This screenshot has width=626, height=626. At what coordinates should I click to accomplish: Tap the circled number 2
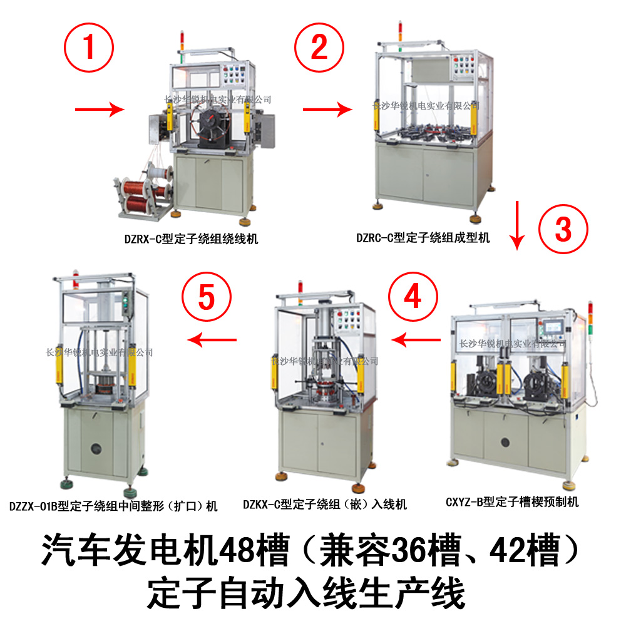[x=319, y=48]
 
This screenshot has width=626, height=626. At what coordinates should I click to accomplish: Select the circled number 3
[x=563, y=229]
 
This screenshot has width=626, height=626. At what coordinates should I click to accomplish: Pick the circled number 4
[x=413, y=297]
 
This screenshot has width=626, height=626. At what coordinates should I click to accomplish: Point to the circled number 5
[x=206, y=298]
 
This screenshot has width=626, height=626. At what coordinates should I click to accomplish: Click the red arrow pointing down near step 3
[x=517, y=225]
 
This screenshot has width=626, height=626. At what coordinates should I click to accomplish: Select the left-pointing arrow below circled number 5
[x=213, y=340]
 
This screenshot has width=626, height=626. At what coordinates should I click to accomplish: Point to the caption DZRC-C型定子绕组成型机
[x=423, y=238]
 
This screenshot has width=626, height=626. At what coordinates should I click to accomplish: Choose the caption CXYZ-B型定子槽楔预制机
[x=512, y=501]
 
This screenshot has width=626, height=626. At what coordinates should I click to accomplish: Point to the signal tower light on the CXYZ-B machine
[x=590, y=319]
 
